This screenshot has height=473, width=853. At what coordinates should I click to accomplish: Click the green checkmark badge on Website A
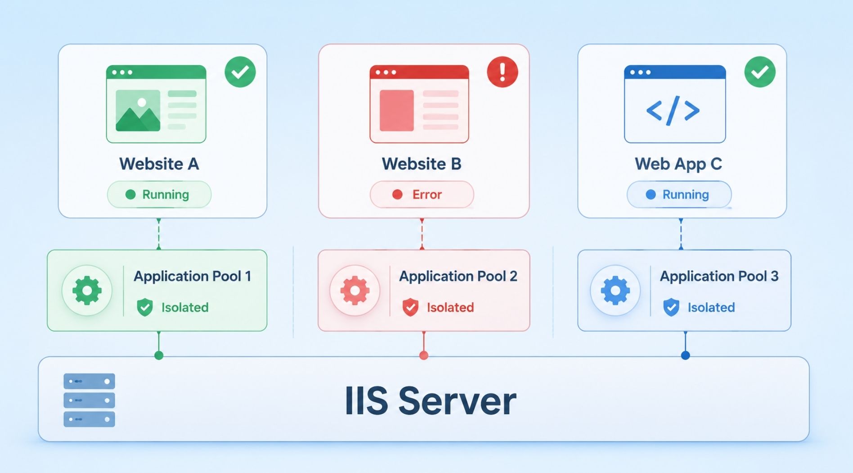240,72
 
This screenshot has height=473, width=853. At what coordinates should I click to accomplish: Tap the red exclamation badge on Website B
503,72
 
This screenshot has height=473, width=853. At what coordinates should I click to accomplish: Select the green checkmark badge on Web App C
760,72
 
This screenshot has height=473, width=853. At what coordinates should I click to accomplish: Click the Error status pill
422,195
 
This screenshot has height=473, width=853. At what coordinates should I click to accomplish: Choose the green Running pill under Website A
159,195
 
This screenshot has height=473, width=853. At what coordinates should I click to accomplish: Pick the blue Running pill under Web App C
679,195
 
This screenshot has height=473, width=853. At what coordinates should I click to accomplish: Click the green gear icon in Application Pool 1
87,291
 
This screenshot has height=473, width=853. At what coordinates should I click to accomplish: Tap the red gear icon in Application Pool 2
355,291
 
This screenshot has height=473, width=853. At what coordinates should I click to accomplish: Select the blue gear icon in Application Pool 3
615,291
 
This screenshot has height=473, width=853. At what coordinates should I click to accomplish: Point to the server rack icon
89,400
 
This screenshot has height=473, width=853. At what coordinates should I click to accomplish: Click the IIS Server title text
431,400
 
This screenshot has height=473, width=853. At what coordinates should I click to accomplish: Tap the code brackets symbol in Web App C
673,110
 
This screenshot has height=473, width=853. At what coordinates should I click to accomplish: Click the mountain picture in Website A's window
138,110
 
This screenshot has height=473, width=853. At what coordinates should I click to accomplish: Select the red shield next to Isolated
410,307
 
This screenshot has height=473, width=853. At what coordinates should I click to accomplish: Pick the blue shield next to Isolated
671,307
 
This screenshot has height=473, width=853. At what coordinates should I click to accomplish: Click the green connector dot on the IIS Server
159,355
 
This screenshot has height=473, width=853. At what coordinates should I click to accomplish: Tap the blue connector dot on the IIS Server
685,355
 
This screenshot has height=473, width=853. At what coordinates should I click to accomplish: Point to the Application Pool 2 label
458,276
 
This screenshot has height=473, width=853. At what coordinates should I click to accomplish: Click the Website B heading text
422,164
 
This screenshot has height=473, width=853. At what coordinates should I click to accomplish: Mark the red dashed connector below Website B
422,234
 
